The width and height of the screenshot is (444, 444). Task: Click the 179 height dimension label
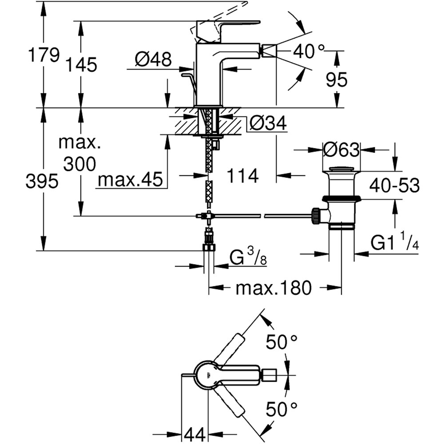44,55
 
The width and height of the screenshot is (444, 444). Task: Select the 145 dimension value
82,65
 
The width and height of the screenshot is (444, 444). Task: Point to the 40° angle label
309,52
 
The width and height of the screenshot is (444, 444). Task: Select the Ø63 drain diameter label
341,151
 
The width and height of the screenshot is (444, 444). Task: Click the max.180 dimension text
274,289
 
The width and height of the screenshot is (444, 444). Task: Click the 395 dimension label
42,181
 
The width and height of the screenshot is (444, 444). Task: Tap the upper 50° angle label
281,342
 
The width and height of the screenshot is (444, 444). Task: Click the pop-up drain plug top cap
341,169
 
